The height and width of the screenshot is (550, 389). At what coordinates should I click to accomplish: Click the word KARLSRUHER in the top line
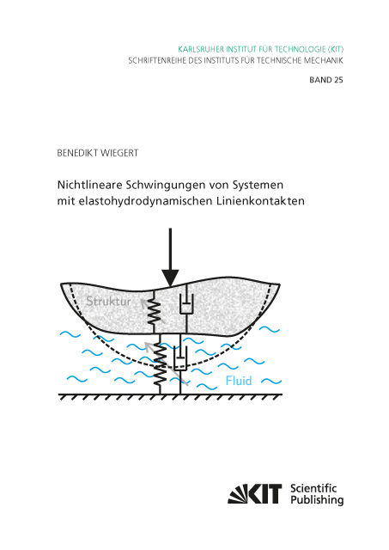(x=204, y=49)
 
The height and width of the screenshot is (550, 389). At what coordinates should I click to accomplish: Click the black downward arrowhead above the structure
(x=171, y=277)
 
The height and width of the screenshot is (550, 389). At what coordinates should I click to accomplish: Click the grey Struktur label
(x=111, y=302)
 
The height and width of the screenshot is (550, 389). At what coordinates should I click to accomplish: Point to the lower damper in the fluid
(x=179, y=359)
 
